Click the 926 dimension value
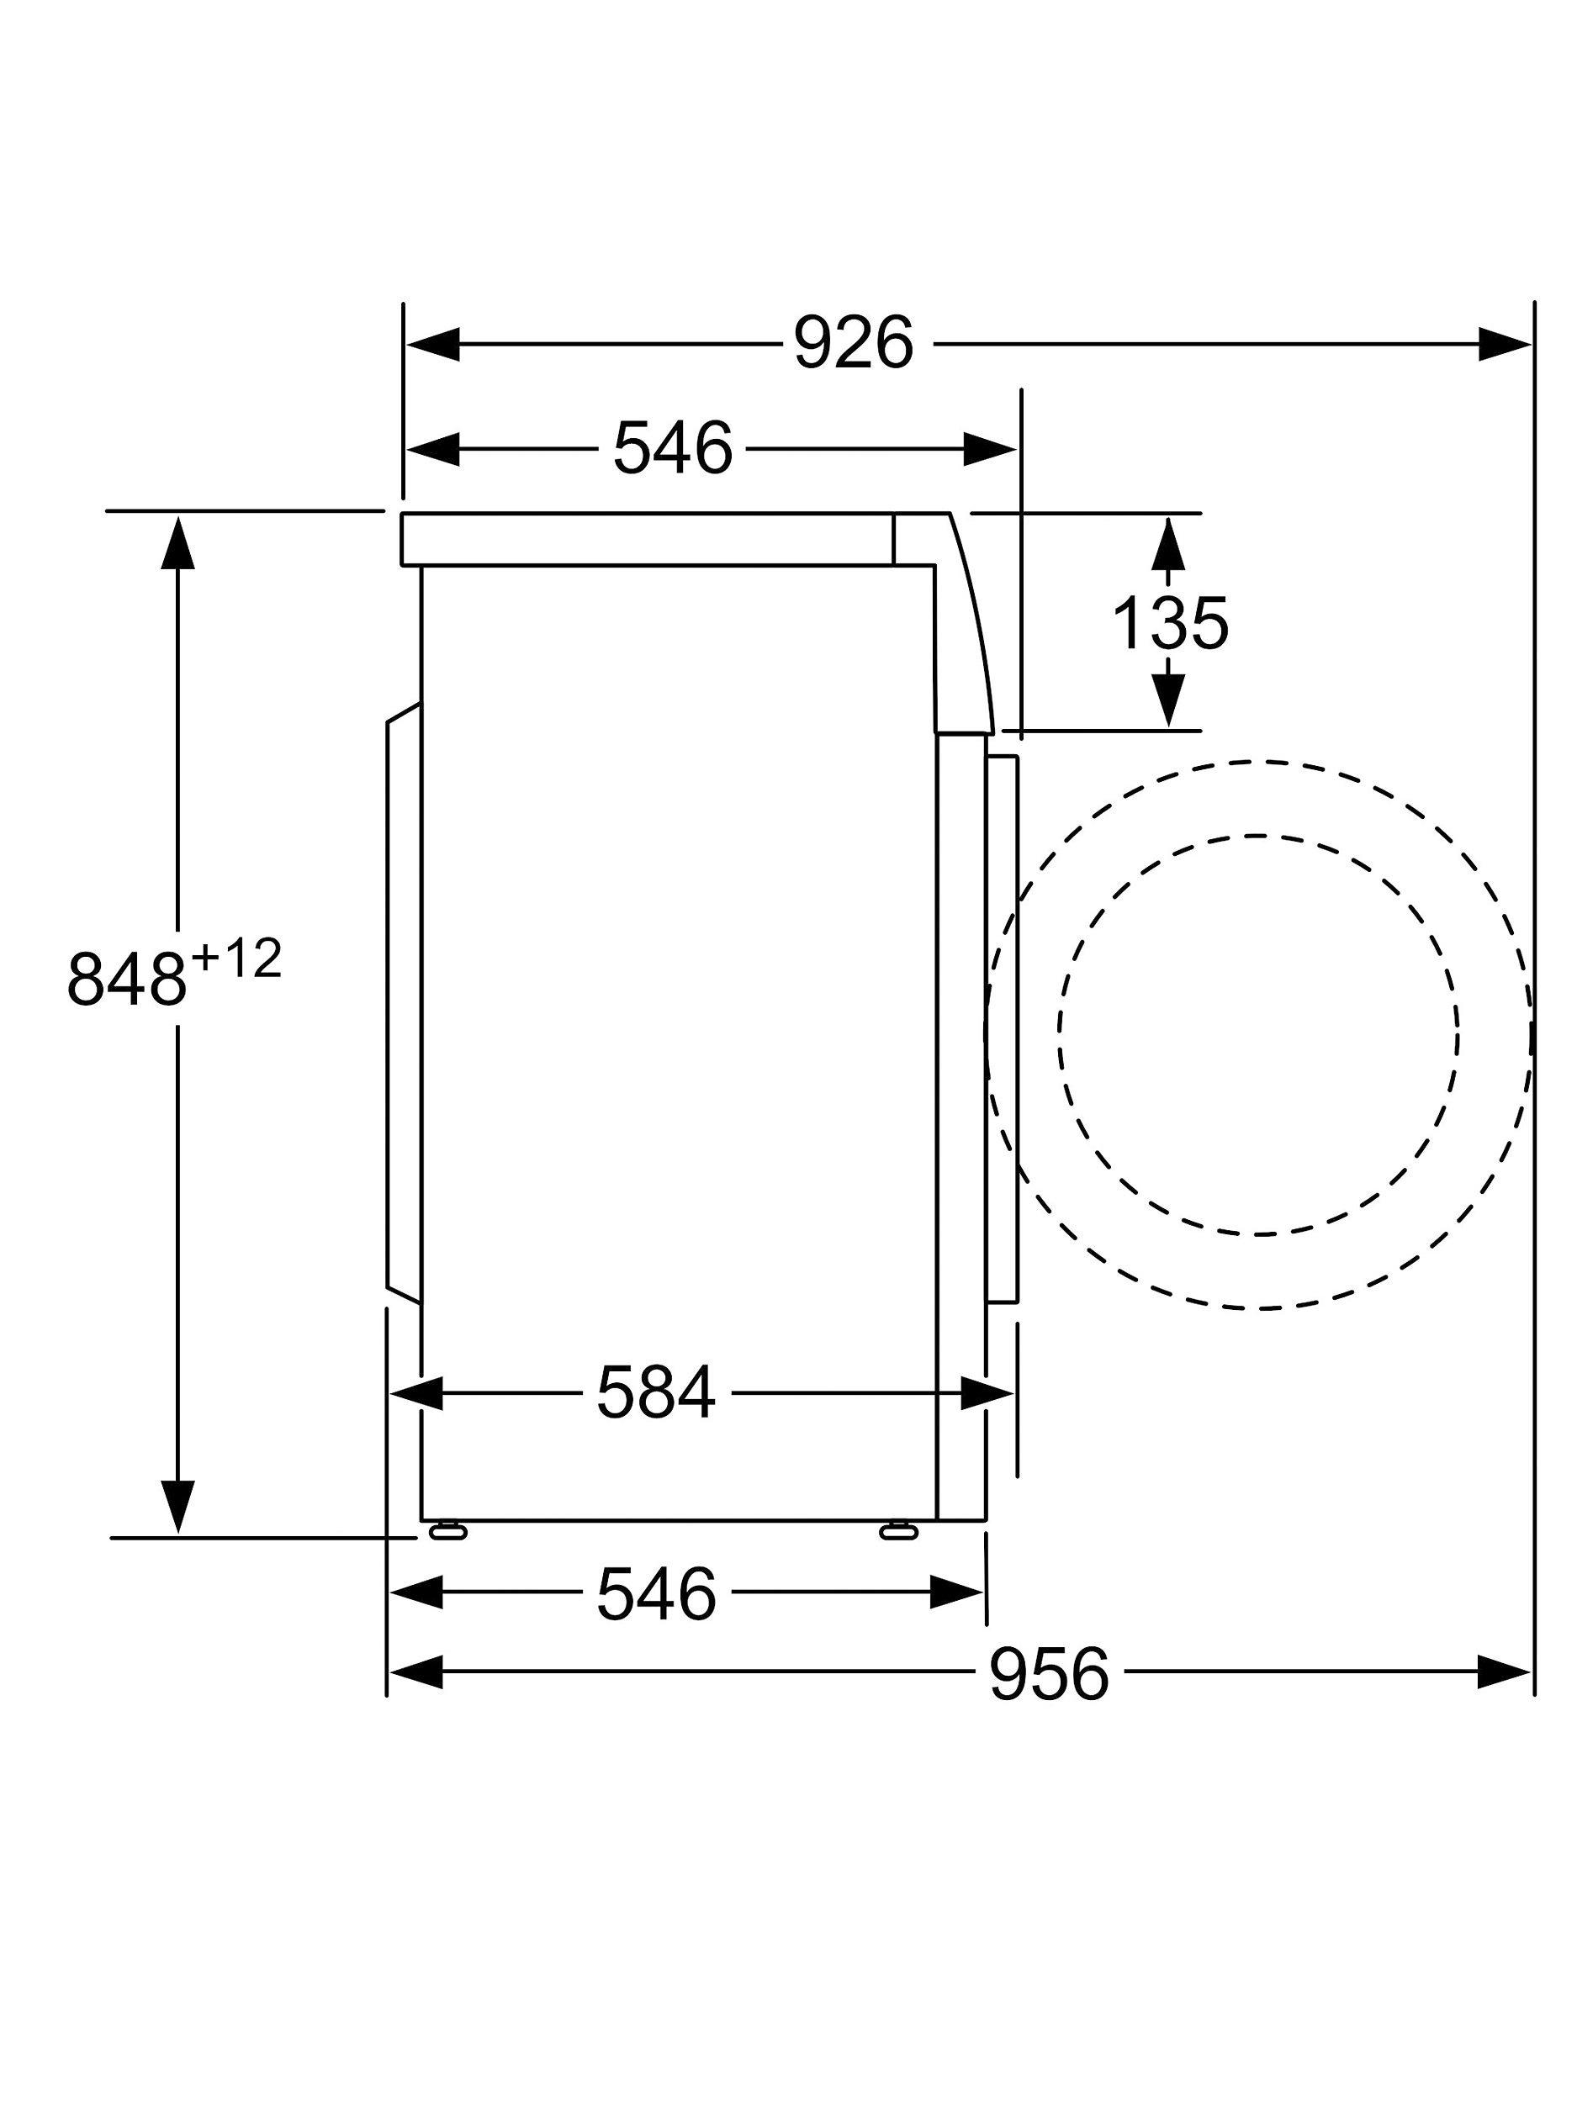point(853,343)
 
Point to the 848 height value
point(126,979)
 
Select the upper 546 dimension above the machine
point(672,447)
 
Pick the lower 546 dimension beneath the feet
point(655,1594)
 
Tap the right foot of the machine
point(898,1530)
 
